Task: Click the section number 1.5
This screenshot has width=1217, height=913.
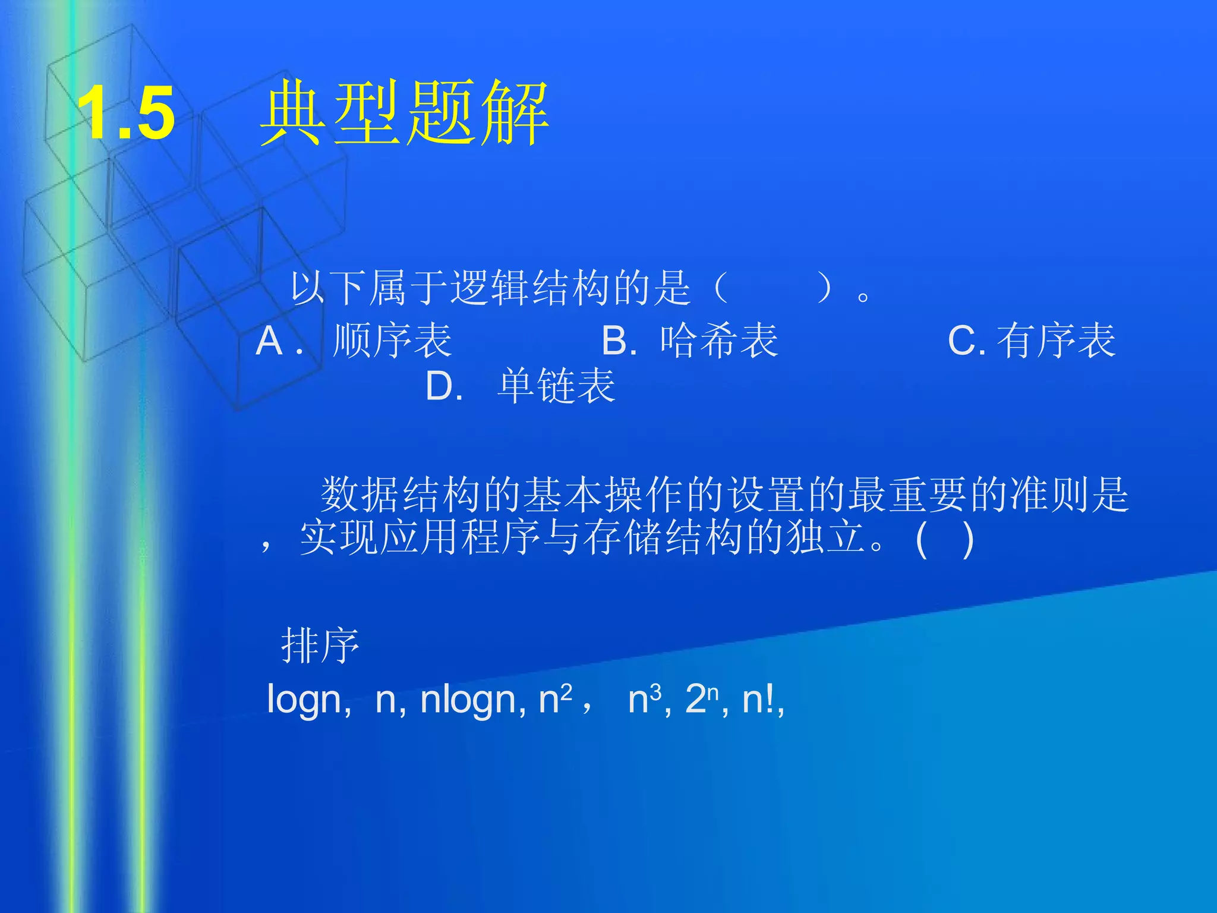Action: pyautogui.click(x=126, y=113)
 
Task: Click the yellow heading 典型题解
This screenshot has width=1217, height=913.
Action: pyautogui.click(x=404, y=113)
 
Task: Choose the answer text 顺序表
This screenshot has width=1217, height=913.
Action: pyautogui.click(x=392, y=341)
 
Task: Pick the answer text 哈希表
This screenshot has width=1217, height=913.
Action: pyautogui.click(x=719, y=341)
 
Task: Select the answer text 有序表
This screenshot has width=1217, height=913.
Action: pyautogui.click(x=1057, y=341)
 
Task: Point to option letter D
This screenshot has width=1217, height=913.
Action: pyautogui.click(x=443, y=387)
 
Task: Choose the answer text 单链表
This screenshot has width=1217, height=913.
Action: pyautogui.click(x=556, y=386)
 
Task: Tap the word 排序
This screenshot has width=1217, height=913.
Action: pyautogui.click(x=320, y=646)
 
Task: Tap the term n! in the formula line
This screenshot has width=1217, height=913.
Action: pyautogui.click(x=759, y=699)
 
